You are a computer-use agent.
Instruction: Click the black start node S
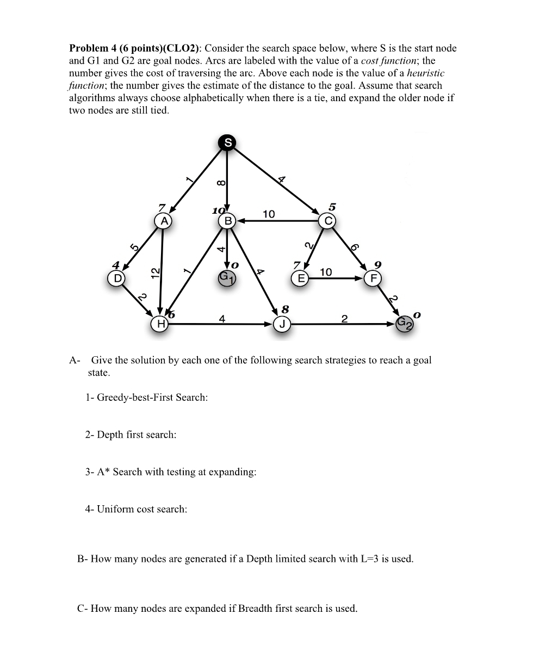tap(227, 142)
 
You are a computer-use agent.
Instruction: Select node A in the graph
tap(163, 221)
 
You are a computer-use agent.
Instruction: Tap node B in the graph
tap(227, 221)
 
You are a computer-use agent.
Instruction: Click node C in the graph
tap(327, 221)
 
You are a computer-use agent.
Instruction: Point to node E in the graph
tap(299, 278)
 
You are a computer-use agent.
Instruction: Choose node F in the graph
tap(373, 278)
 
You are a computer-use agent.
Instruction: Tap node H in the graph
tap(160, 324)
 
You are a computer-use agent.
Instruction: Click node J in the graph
tap(282, 325)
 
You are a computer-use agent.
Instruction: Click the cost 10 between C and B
tap(269, 214)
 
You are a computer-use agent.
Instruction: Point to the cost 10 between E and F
tap(326, 271)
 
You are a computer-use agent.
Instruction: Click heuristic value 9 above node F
tap(377, 265)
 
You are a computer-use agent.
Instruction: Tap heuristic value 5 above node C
tap(332, 207)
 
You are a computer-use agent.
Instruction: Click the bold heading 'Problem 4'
tap(95, 48)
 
